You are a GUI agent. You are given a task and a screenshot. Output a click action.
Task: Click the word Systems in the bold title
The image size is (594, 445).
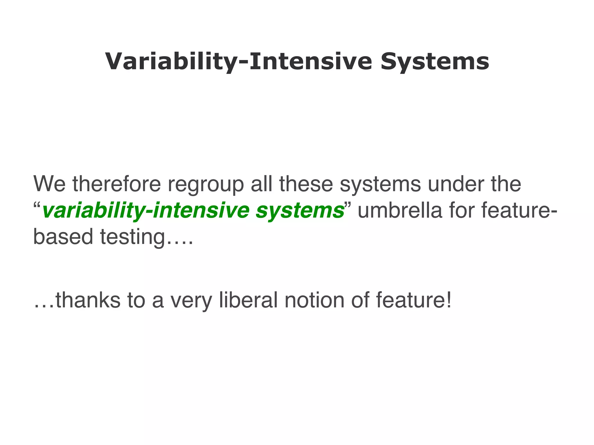(435, 61)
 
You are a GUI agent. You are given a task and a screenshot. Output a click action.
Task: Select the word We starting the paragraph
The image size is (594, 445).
(50, 184)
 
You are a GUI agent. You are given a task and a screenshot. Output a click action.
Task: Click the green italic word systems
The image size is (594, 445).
(300, 211)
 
